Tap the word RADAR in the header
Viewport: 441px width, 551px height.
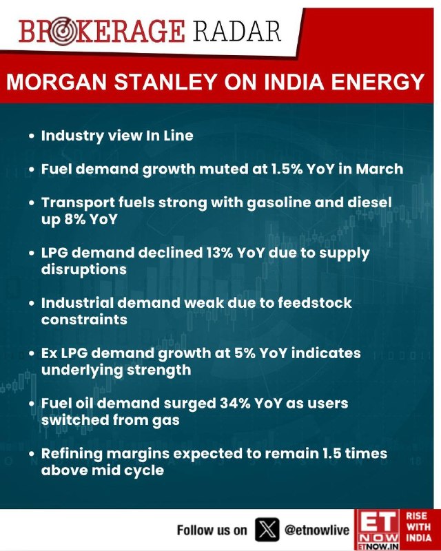(x=237, y=32)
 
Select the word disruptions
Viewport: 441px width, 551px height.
(x=83, y=269)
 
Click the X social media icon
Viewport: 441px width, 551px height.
(x=266, y=530)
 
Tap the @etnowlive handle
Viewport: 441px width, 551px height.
(x=316, y=530)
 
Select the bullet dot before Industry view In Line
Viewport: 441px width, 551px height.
(x=32, y=136)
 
